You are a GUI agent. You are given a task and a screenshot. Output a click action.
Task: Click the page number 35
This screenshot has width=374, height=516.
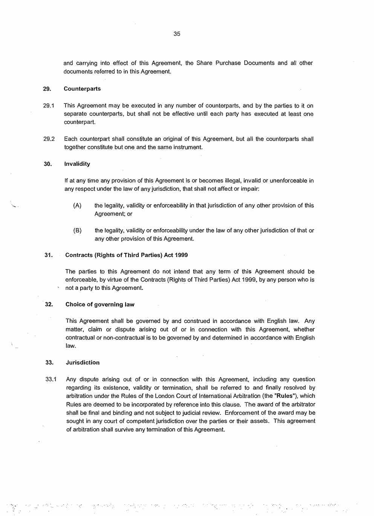tap(177, 34)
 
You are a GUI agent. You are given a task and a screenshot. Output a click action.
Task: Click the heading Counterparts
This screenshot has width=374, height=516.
tap(82, 89)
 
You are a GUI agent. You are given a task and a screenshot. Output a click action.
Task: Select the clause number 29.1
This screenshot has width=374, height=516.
tap(49, 106)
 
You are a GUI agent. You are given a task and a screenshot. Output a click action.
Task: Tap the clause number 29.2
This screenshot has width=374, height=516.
tap(49, 139)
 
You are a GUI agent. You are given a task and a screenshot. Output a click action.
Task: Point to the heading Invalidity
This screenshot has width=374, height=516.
tap(77, 164)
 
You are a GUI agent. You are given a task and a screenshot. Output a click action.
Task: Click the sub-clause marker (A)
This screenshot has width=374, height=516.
tap(77, 205)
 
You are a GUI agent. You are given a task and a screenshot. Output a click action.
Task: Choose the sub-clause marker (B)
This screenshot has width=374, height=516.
tap(77, 230)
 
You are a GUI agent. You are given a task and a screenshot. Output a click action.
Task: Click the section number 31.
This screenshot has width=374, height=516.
tap(48, 255)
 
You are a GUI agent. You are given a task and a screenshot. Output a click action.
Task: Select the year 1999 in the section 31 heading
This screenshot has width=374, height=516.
tap(181, 255)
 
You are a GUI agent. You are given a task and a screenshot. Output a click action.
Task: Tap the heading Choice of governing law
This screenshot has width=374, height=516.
tap(100, 305)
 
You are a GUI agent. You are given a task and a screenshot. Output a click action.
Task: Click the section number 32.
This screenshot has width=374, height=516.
tap(49, 305)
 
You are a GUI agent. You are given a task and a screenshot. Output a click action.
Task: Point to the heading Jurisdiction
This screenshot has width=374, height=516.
tap(83, 363)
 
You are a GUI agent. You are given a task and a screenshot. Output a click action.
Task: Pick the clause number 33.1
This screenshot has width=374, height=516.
tap(51, 379)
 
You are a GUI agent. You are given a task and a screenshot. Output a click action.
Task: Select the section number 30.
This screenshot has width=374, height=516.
tap(48, 164)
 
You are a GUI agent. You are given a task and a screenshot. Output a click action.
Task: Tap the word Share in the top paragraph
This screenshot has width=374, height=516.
tap(204, 63)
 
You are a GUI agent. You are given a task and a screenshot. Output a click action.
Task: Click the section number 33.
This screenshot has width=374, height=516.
tap(49, 363)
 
